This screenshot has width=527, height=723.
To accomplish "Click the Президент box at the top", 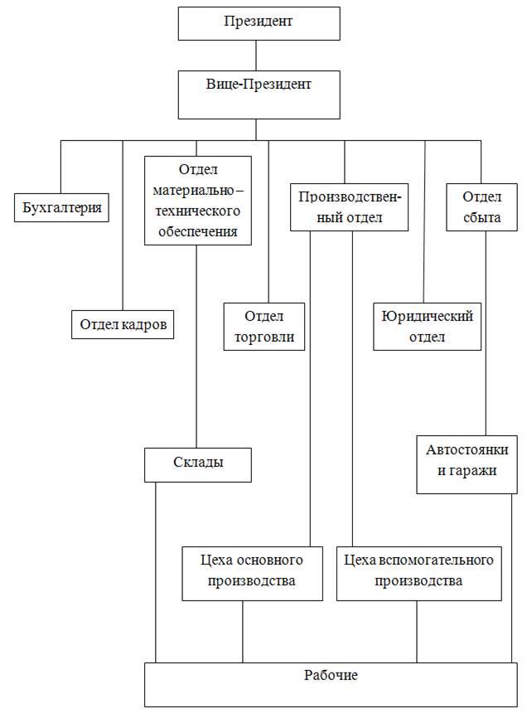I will (x=257, y=22).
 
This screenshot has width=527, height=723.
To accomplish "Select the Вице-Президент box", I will (x=257, y=95).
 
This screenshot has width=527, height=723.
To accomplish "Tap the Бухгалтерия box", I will (x=62, y=207).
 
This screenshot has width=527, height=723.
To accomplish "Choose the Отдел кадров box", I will (x=123, y=324).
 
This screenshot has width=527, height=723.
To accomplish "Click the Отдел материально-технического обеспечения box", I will (x=197, y=200).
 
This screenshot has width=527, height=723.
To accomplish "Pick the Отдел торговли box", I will (x=264, y=327).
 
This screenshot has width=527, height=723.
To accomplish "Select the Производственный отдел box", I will (x=349, y=207).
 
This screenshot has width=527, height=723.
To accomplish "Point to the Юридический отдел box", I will (x=426, y=327).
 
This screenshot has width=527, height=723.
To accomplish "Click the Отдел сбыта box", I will (x=482, y=207).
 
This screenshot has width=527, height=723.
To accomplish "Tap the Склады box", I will (x=197, y=464).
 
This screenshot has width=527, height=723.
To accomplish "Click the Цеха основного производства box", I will (x=252, y=571).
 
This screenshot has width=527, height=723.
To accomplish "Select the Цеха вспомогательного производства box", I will (x=418, y=571).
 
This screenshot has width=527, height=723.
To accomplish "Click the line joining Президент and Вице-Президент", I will (x=257, y=55).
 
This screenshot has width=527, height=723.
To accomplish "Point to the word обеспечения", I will (x=197, y=231).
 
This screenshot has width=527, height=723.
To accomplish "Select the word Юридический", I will (x=426, y=316).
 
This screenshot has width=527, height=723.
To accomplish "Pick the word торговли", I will (x=264, y=337).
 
